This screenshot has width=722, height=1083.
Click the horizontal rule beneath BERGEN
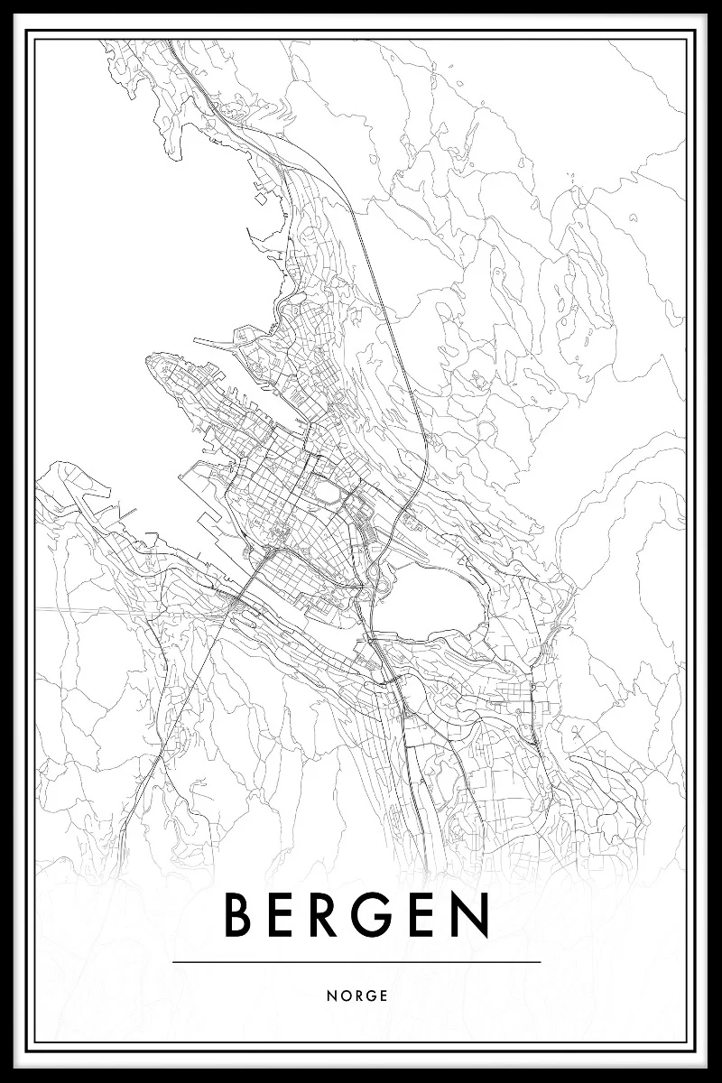(356, 962)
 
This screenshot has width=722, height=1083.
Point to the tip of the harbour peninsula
(151, 363)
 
